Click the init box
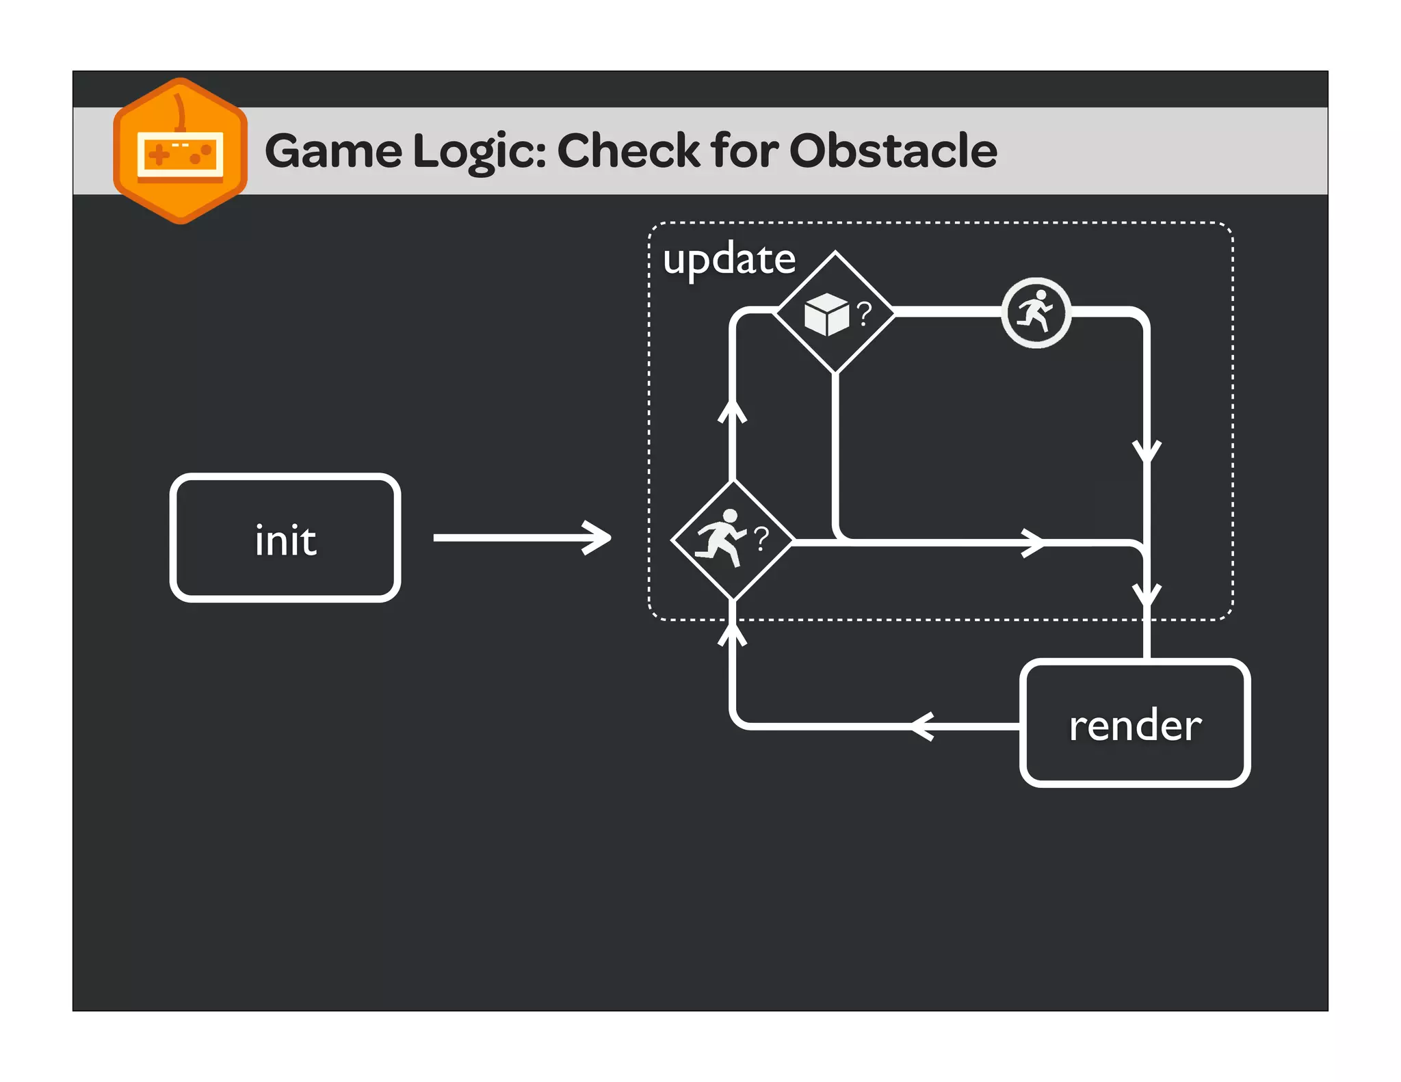point(285,538)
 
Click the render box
point(1134,724)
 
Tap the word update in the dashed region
point(729,259)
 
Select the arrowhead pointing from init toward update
point(598,538)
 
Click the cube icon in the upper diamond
point(826,315)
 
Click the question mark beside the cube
point(864,313)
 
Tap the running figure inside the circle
point(1036,313)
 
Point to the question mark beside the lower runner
point(761,539)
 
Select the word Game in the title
point(333,150)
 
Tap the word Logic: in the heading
point(480,152)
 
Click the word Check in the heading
point(628,150)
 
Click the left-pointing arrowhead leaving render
point(922,726)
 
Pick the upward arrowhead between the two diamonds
point(732,412)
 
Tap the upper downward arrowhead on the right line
point(1147,452)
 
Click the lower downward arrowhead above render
point(1147,594)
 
